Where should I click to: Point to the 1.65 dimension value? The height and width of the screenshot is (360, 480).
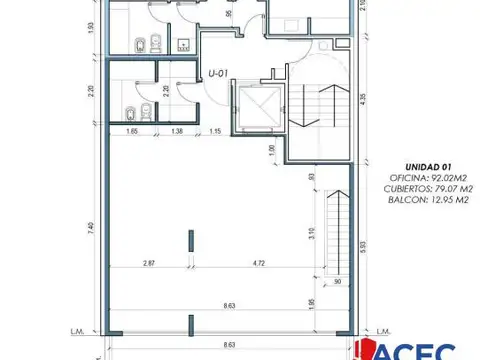(132, 132)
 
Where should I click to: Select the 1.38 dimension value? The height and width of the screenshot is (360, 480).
(177, 132)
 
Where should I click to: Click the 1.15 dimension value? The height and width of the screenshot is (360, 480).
(214, 132)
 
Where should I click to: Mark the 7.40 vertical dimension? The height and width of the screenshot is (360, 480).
(90, 228)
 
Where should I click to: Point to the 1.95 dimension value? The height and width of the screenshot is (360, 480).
(313, 304)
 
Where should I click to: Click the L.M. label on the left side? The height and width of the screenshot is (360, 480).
(103, 331)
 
